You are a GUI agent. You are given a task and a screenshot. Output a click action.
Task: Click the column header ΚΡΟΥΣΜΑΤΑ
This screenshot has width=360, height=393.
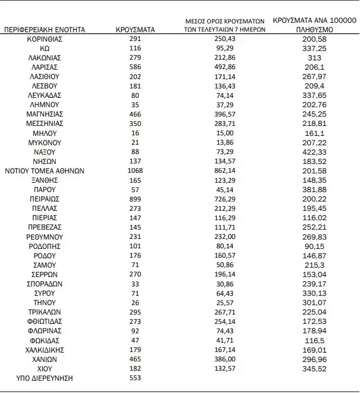point(135,29)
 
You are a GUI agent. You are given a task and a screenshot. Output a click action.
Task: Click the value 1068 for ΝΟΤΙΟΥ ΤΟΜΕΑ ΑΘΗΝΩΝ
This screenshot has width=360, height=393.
point(135,172)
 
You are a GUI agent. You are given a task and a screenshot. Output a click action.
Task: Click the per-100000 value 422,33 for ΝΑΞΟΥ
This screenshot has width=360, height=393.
point(315,153)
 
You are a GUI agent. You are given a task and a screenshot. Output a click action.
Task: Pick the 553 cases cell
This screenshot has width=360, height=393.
point(135,378)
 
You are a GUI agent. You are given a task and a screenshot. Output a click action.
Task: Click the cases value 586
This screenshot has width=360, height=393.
point(135,67)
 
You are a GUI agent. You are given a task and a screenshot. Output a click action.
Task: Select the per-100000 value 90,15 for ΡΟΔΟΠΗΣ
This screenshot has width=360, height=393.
point(315,246)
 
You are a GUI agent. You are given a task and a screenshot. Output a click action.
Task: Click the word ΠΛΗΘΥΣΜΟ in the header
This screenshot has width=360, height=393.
point(315,29)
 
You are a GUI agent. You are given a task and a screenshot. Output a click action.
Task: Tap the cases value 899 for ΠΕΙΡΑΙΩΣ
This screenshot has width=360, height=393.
point(135,199)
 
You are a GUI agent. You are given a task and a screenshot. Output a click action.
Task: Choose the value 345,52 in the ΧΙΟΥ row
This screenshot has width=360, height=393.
point(315,369)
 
